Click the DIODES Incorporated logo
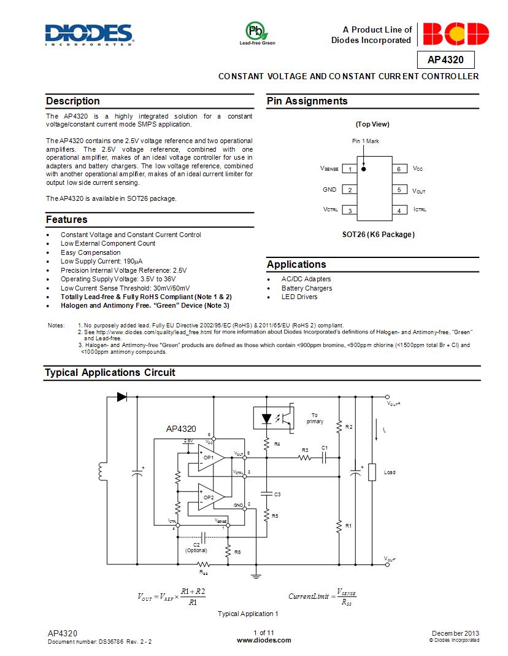click(x=89, y=34)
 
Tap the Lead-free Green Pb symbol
click(x=257, y=31)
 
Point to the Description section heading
click(x=73, y=101)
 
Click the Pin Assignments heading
click(x=307, y=101)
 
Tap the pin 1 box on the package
click(x=350, y=170)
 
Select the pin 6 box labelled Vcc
click(x=399, y=169)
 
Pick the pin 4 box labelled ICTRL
click(x=399, y=211)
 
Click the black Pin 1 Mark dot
click(x=363, y=168)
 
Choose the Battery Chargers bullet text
click(x=307, y=288)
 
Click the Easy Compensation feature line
click(x=91, y=252)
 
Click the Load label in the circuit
click(x=390, y=472)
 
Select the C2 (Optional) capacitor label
click(x=196, y=547)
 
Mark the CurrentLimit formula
click(x=323, y=596)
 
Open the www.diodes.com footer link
click(x=263, y=640)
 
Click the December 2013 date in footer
click(x=455, y=633)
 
